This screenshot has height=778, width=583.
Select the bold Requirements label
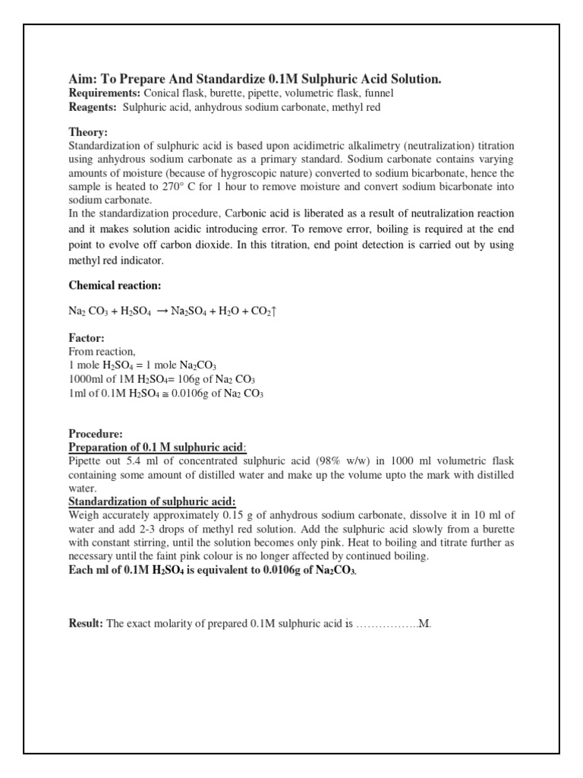tap(105, 93)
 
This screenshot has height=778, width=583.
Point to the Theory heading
tap(89, 131)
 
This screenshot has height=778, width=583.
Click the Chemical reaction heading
tap(115, 285)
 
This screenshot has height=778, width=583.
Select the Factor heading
tap(87, 338)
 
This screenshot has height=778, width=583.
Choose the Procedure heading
tap(96, 433)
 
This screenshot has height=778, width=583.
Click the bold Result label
tap(86, 624)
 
